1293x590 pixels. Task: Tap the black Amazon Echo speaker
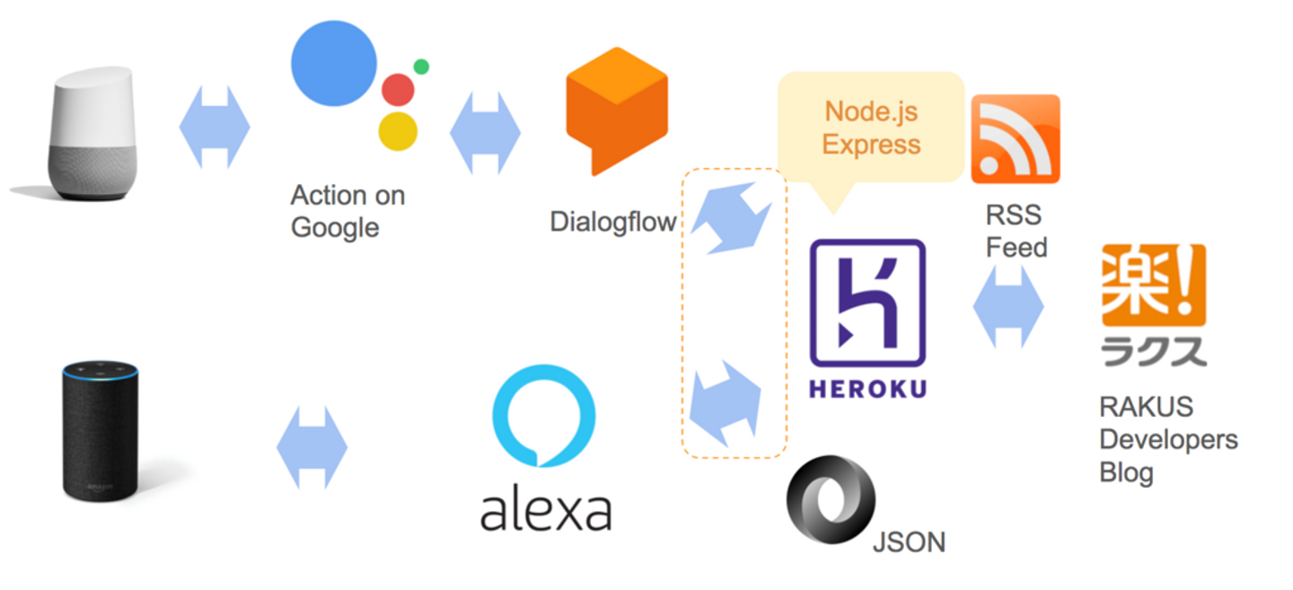(101, 431)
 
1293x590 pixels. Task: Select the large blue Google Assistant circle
(333, 64)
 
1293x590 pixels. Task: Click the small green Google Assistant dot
(421, 66)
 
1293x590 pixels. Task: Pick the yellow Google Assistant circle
(398, 131)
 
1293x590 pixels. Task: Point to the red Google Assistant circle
(398, 90)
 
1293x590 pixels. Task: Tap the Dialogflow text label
(612, 222)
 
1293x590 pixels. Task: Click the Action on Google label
(347, 211)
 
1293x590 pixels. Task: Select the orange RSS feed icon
(1016, 138)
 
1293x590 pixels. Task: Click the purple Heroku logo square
(867, 302)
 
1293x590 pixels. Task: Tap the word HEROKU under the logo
(867, 389)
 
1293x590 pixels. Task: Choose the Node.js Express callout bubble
(870, 128)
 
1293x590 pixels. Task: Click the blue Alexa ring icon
(543, 415)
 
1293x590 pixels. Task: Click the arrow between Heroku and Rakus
(1008, 306)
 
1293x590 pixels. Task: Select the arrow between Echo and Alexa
(312, 447)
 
